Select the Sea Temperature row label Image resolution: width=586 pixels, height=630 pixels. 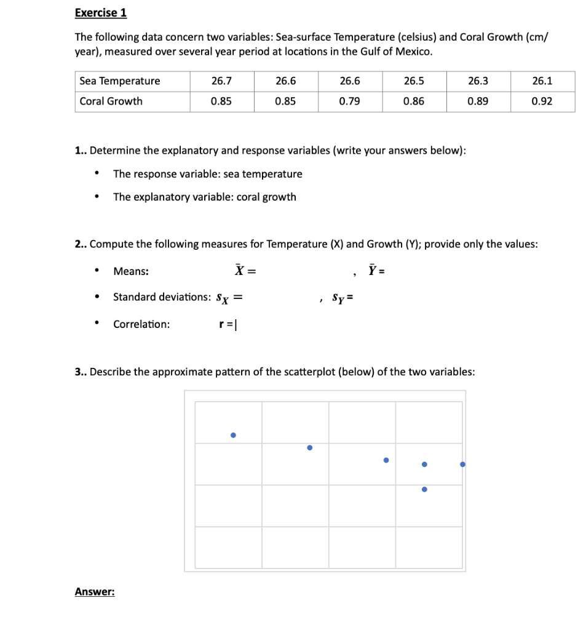[119, 81]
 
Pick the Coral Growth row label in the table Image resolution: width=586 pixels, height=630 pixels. [111, 102]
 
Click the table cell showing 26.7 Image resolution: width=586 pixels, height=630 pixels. [221, 81]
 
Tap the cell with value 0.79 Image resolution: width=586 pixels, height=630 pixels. [350, 102]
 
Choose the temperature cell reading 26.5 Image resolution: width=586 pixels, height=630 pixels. [414, 81]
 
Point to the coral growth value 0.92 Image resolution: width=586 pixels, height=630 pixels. [542, 102]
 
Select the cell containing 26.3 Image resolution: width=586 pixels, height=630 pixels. [478, 81]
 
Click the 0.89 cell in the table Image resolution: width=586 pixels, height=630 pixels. [478, 102]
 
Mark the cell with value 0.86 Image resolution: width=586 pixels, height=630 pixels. [414, 102]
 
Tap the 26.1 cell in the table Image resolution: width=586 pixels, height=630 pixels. [542, 81]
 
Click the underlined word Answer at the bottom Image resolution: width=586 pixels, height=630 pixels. [95, 592]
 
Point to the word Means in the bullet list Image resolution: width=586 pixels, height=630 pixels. [130, 271]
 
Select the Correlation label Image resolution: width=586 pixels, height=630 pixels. [141, 324]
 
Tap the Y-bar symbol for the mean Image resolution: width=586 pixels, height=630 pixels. [373, 270]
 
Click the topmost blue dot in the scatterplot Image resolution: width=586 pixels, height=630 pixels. [233, 436]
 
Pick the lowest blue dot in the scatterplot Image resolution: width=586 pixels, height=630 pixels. [424, 490]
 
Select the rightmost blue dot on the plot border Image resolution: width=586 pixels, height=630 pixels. [462, 465]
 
